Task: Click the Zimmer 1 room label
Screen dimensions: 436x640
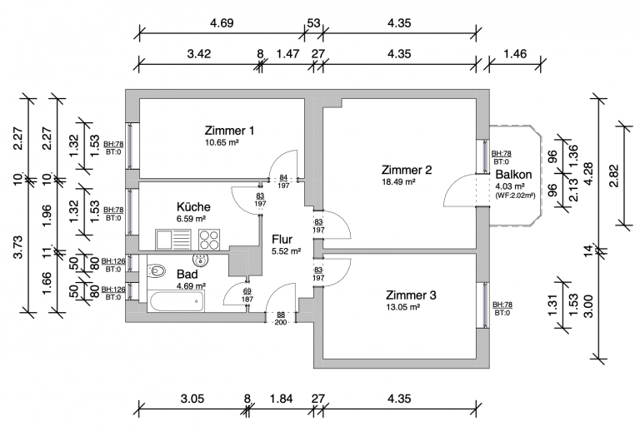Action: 229,131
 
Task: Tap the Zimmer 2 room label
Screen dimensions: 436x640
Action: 407,170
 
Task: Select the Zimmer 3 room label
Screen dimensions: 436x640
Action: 411,295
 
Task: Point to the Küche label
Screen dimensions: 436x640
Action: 193,207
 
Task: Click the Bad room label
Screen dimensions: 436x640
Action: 187,274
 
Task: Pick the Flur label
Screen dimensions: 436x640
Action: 282,239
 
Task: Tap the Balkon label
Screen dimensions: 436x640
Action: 512,175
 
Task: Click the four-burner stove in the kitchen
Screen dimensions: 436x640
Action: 208,240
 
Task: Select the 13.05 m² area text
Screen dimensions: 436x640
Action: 402,306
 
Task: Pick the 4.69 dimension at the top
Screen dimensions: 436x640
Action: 222,22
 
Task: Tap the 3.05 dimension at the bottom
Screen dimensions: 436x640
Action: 192,399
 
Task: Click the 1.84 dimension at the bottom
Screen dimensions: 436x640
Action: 282,399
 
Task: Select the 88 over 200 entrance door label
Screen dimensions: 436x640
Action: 282,317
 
